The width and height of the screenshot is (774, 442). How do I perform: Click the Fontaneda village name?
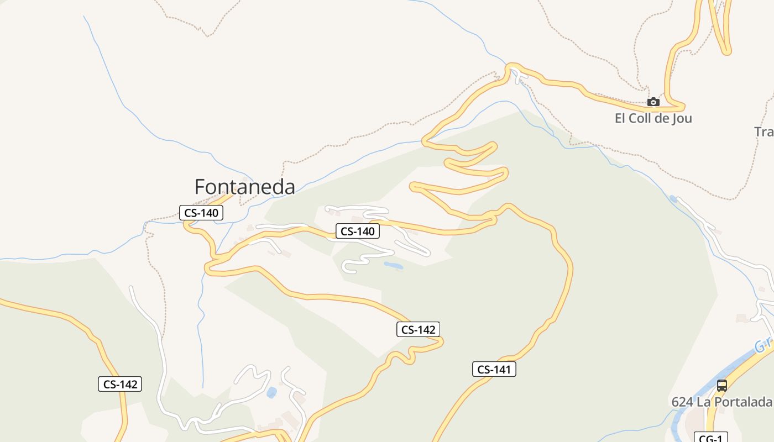point(244,187)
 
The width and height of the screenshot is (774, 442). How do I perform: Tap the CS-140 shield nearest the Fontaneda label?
point(201,213)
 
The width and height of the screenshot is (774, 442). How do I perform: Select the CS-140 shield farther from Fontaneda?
point(358,231)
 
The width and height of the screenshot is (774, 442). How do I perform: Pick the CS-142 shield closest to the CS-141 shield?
point(418,330)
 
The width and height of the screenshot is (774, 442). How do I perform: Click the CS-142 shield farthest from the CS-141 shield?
point(120,384)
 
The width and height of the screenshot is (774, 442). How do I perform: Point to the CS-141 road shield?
point(494,370)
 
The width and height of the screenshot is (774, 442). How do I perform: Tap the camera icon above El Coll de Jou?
point(653,102)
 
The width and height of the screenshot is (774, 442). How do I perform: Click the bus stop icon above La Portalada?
point(721,386)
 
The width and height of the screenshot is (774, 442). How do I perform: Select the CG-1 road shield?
point(710,438)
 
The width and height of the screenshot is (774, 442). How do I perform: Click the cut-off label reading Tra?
point(764,131)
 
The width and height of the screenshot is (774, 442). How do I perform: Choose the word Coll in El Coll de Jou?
point(640,118)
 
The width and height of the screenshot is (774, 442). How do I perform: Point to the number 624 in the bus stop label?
point(682,402)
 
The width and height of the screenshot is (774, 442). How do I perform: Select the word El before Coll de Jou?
point(620,118)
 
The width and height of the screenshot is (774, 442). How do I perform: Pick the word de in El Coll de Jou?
point(661,118)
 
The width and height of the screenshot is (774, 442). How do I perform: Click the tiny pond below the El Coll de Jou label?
point(673,198)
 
